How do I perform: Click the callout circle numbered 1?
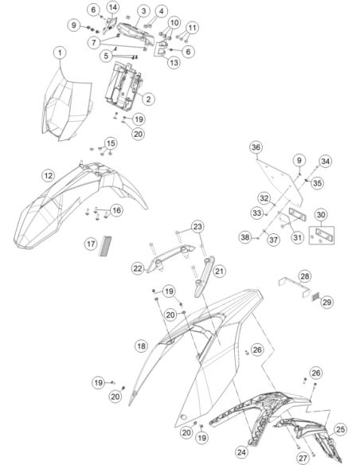(61, 53)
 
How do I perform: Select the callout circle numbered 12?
(49, 175)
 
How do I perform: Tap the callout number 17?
(91, 244)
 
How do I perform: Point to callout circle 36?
(256, 147)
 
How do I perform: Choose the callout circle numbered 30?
(321, 215)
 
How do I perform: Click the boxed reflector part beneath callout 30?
(322, 236)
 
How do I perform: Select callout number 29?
(327, 303)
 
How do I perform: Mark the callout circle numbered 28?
(305, 276)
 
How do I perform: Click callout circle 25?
(341, 429)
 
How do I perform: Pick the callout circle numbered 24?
(242, 452)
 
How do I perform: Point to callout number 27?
(303, 458)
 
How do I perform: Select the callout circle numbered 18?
(141, 346)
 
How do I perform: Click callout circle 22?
(138, 268)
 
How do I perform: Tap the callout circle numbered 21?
(219, 271)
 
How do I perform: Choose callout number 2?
(149, 99)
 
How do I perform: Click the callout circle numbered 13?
(174, 63)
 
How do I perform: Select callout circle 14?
(112, 7)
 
